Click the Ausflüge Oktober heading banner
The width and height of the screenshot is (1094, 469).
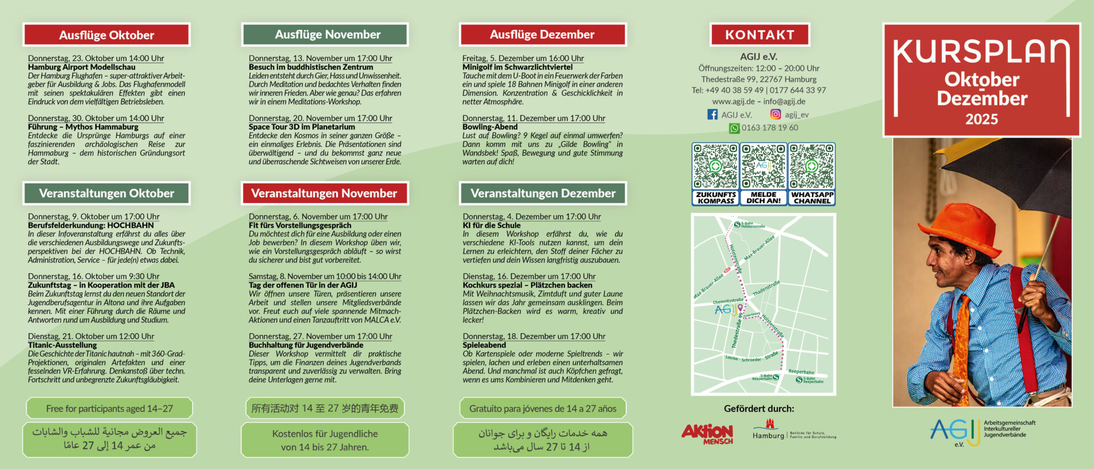107,35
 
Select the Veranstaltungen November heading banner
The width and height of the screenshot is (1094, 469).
324,194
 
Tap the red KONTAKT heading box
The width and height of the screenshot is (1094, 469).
760,35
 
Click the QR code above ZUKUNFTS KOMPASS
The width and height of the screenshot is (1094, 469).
715,166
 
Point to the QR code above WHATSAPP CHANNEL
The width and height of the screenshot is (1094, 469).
811,166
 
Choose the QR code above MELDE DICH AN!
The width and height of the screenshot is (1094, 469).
764,166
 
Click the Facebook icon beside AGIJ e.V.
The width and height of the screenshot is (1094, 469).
712,115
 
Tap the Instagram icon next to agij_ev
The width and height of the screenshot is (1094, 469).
775,115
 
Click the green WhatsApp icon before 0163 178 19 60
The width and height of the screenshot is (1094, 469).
734,128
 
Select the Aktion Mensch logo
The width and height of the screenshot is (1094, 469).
707,434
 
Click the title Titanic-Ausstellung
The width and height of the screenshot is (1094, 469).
62,345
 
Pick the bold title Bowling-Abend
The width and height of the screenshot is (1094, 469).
490,127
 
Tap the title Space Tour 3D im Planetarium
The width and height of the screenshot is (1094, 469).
301,127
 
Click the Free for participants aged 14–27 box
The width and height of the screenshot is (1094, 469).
109,409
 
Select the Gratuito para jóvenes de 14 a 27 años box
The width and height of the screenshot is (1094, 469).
542,409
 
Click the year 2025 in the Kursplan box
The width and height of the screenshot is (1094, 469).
981,119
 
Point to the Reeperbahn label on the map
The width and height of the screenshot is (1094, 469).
801,372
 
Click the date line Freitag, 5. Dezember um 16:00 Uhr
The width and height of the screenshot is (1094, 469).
523,58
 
